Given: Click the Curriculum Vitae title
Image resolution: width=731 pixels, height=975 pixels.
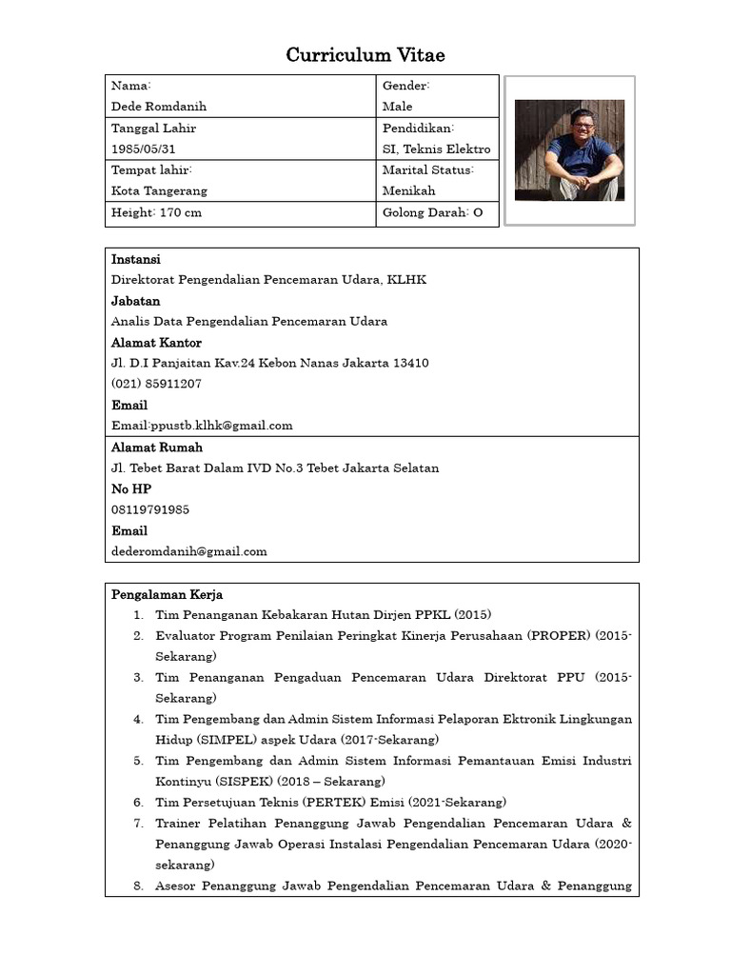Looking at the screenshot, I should (365, 56).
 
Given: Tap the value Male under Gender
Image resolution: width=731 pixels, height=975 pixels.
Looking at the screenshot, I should (397, 107).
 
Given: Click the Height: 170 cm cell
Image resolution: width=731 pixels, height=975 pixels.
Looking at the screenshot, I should (156, 213).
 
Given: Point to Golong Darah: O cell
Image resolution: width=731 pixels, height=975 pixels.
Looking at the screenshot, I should (432, 213).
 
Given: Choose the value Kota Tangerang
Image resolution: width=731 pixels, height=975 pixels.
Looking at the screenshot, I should (159, 190).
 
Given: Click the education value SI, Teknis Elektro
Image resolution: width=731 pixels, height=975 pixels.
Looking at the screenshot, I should (436, 149).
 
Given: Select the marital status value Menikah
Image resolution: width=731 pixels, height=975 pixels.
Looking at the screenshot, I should (408, 190).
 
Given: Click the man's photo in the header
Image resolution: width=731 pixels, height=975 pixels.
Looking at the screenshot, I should (569, 149).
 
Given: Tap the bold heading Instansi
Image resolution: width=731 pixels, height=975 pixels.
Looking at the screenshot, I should (136, 259).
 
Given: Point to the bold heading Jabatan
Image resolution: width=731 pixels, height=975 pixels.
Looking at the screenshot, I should (135, 301).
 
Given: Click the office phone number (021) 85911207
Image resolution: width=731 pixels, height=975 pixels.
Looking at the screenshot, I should (156, 384).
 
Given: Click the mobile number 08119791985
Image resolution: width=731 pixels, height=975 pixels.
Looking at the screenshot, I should (150, 509).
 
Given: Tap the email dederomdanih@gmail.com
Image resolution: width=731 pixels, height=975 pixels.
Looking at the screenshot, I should (188, 551).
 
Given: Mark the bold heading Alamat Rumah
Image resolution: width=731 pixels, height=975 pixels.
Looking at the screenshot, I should (157, 448).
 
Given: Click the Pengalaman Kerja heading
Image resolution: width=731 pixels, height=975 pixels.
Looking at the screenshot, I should (167, 595).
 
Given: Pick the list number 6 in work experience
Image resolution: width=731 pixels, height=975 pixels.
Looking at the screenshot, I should (138, 803).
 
